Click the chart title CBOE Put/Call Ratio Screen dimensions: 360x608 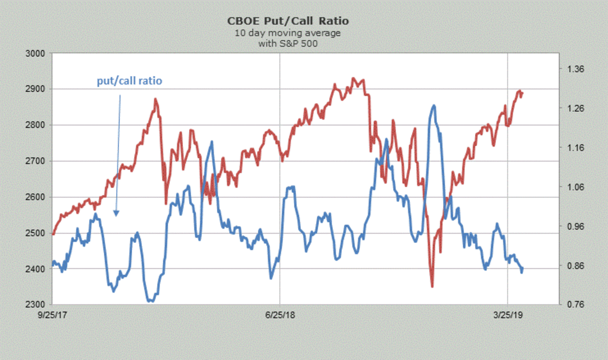pos(288,21)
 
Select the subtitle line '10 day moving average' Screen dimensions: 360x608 pos(288,33)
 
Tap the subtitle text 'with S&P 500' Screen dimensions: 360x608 pos(288,44)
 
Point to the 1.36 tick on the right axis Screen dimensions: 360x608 pos(575,69)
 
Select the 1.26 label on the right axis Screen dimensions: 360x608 pos(575,109)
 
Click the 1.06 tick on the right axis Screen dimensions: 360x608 pos(575,187)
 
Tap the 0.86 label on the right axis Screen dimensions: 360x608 pos(575,266)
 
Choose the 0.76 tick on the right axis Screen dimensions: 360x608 pos(575,305)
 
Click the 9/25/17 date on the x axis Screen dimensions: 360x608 pos(54,315)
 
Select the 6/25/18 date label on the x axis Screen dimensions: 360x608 pos(281,315)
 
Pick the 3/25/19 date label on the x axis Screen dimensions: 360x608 pos(508,315)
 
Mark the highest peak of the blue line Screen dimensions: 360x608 pos(434,105)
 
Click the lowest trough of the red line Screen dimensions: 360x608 pos(432,286)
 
